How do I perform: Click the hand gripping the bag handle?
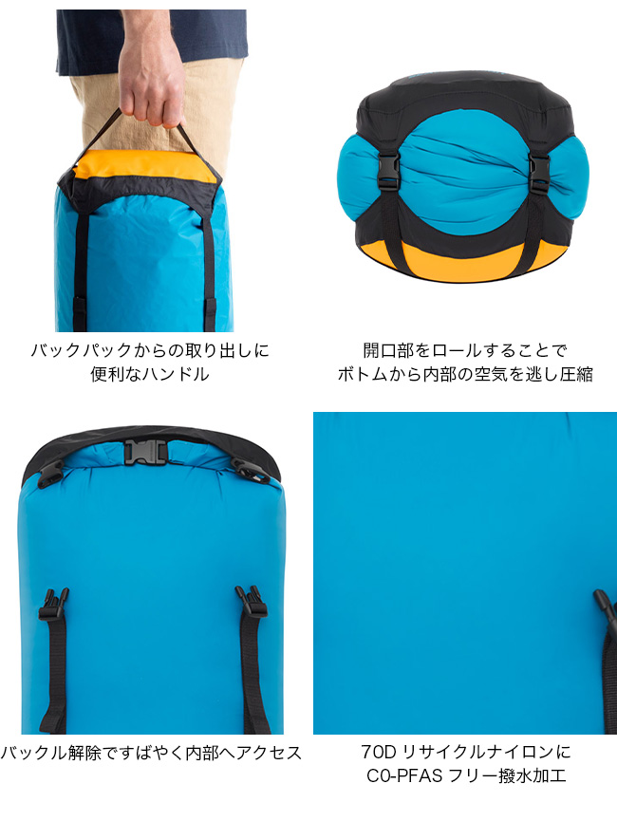(x=151, y=84)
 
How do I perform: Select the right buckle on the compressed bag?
(x=538, y=174)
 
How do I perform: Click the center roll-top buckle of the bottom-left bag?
(x=145, y=452)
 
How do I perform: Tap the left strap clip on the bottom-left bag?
(x=53, y=604)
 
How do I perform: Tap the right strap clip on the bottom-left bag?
(x=252, y=601)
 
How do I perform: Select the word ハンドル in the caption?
(x=177, y=374)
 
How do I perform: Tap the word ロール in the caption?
(x=457, y=350)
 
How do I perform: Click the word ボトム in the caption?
(x=363, y=374)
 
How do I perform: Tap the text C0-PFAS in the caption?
(x=404, y=776)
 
